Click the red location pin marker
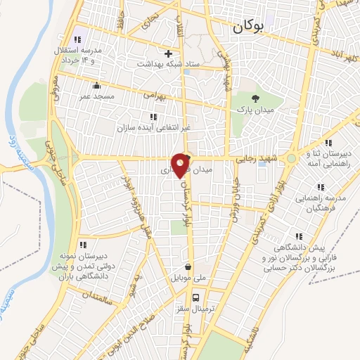coord(181,165)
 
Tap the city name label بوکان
coord(248,27)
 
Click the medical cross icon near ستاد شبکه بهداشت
coord(168,53)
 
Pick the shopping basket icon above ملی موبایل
coord(188,266)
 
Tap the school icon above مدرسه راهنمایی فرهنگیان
coord(320,187)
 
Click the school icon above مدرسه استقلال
coord(77,40)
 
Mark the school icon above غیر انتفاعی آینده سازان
coord(153,116)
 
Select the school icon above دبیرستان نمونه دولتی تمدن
coord(83,245)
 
